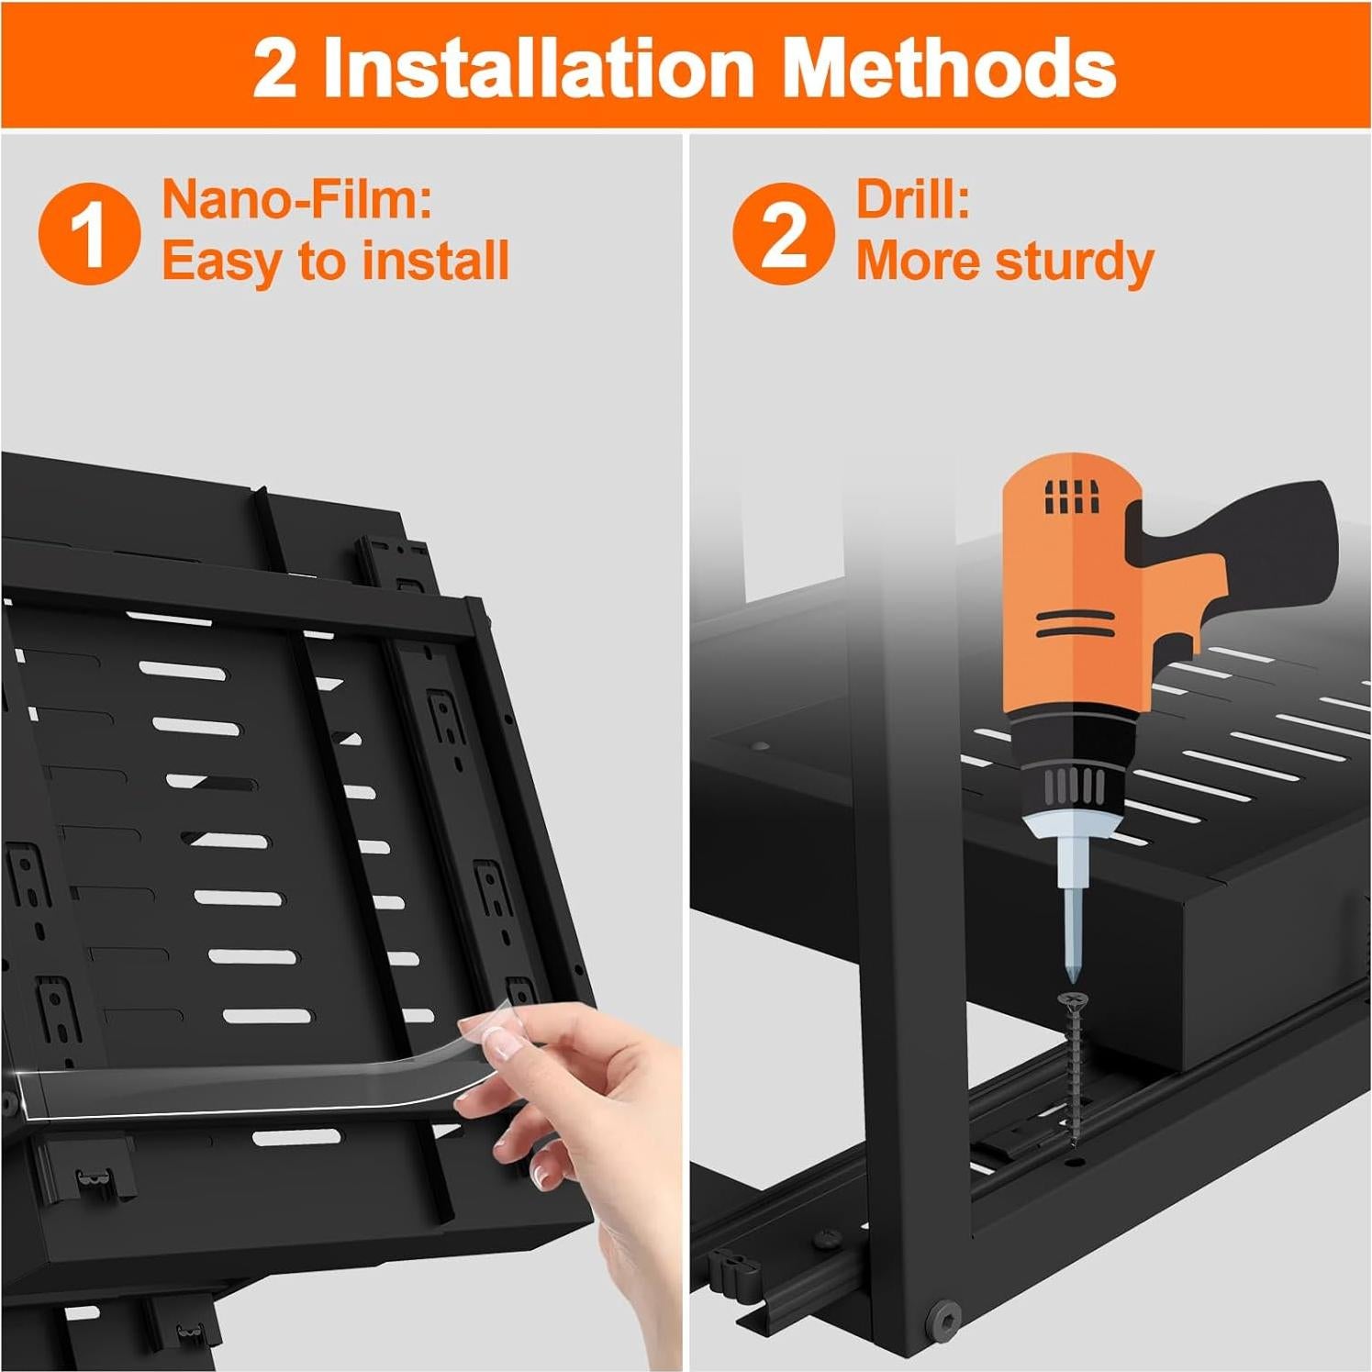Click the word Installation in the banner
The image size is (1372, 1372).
pos(539,68)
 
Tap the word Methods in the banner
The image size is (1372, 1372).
pos(950,68)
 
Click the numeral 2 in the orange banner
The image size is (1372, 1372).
pos(275,70)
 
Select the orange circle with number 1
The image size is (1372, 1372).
pos(89,233)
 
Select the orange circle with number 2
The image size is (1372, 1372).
pos(783,233)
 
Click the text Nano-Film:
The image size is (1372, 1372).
pos(296,199)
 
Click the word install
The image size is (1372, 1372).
pos(436,262)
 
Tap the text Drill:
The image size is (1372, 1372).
pos(912,199)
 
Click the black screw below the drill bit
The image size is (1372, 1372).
pos(1072,1065)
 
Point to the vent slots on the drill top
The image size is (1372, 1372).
pos(1071,497)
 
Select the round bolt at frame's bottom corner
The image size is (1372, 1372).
pos(943,1319)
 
